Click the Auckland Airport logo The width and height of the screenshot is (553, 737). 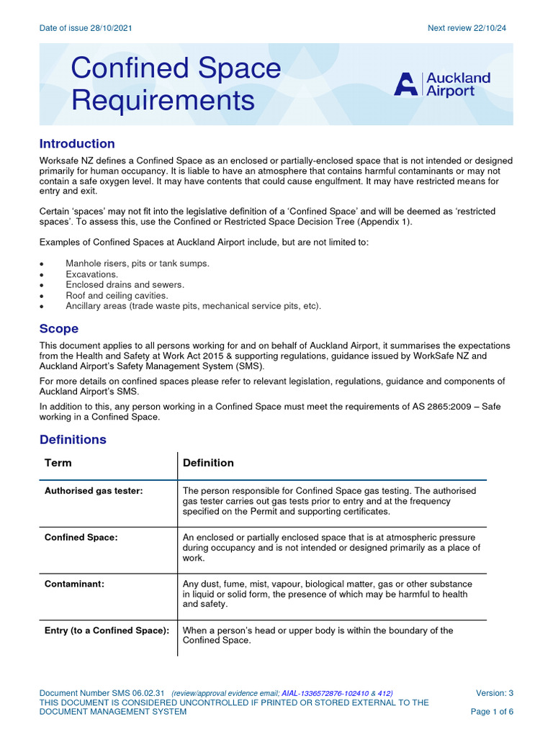click(x=442, y=84)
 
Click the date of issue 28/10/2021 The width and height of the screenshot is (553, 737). click(x=86, y=28)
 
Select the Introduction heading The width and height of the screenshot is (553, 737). click(x=77, y=143)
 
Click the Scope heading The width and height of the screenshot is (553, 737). click(x=59, y=328)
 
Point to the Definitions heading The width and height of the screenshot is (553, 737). click(x=73, y=439)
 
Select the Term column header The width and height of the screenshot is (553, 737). click(x=58, y=463)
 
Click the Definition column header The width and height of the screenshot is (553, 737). click(x=208, y=463)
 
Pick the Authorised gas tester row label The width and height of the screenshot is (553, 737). click(x=94, y=491)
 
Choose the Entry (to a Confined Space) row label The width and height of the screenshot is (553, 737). click(x=107, y=630)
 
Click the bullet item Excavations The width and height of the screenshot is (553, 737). click(x=91, y=274)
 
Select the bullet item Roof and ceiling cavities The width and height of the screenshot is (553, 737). click(x=117, y=295)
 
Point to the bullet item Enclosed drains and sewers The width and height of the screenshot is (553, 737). click(x=125, y=285)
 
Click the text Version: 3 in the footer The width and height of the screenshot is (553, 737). click(x=495, y=693)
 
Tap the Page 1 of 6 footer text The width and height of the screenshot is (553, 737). click(x=492, y=712)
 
